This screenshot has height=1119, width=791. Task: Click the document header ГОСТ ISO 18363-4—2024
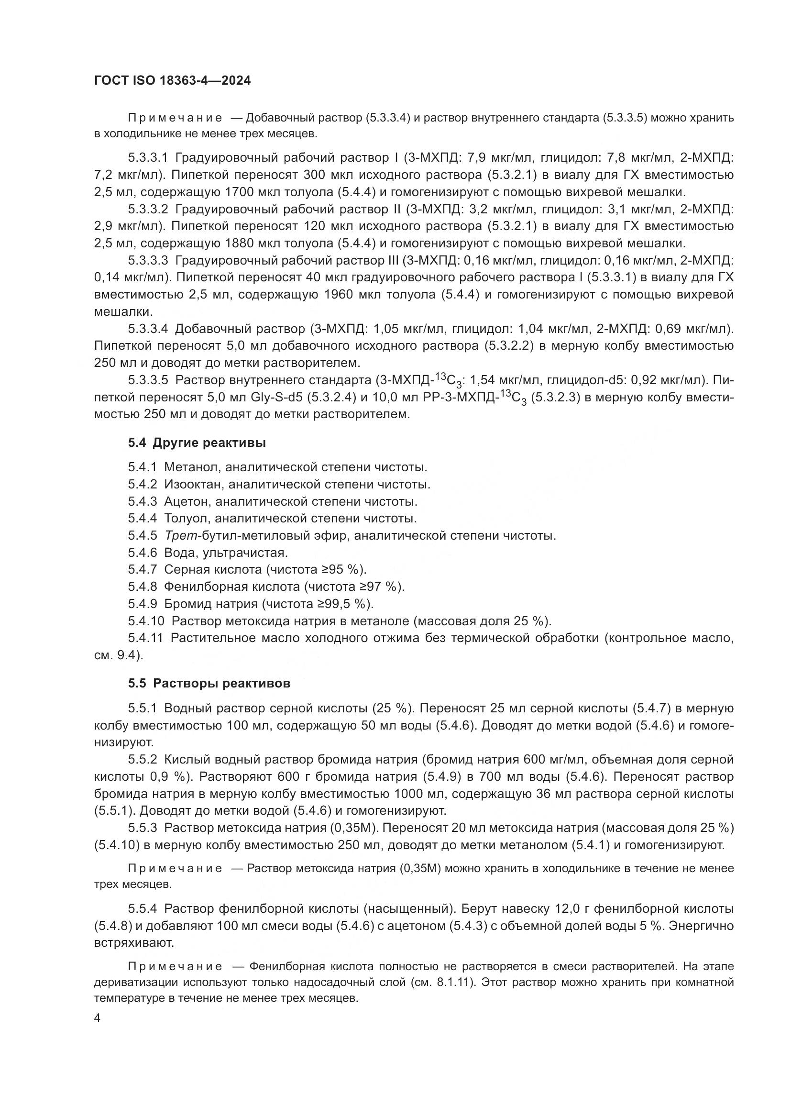(x=173, y=81)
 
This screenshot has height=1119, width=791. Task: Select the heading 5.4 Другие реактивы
(x=197, y=443)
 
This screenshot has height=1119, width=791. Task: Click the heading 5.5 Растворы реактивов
(x=209, y=683)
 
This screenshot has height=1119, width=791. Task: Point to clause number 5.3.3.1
(x=148, y=157)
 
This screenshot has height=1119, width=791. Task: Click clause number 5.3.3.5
(x=148, y=380)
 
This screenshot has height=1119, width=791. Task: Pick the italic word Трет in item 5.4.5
(x=180, y=536)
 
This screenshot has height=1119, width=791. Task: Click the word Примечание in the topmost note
(x=176, y=118)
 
